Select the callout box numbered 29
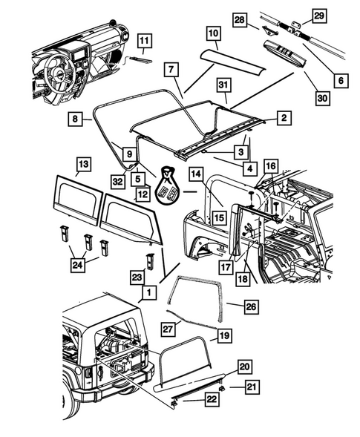pyautogui.click(x=318, y=16)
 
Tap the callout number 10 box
pyautogui.click(x=213, y=33)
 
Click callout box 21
pyautogui.click(x=252, y=387)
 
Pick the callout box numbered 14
pyautogui.click(x=196, y=195)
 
